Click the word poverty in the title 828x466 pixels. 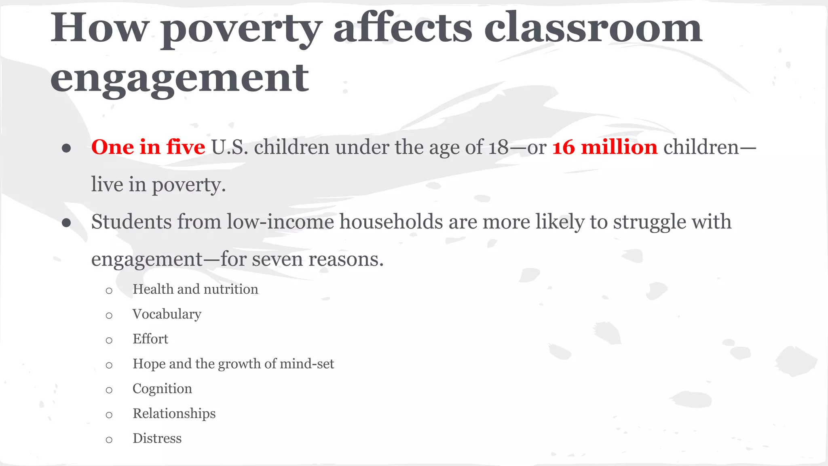[x=241, y=29]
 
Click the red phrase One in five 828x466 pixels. [x=148, y=147]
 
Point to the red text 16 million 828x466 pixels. [x=604, y=147]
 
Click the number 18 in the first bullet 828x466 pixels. [x=498, y=147]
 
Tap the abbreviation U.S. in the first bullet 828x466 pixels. [x=229, y=147]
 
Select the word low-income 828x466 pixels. [x=280, y=222]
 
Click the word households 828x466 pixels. [x=391, y=222]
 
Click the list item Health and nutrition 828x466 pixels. [x=195, y=289]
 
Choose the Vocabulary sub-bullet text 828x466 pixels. [x=167, y=314]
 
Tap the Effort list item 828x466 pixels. [x=150, y=339]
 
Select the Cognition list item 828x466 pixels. [x=162, y=389]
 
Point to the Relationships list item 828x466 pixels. [x=174, y=413]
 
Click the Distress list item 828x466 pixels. [x=157, y=438]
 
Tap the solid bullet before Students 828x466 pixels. [x=67, y=223]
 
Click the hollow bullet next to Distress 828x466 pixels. [x=109, y=440]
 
